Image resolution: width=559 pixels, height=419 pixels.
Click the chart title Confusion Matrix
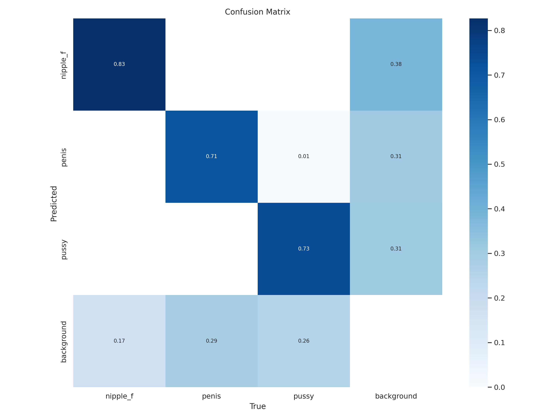click(x=258, y=12)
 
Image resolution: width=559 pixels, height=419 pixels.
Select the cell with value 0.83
click(x=119, y=64)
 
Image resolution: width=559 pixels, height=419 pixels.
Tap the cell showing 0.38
click(x=396, y=64)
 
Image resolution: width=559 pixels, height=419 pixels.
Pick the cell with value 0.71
click(x=211, y=156)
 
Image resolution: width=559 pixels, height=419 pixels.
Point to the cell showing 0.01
click(x=304, y=156)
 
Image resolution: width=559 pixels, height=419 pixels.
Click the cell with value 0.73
click(x=304, y=249)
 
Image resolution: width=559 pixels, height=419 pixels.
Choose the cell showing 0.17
click(x=119, y=341)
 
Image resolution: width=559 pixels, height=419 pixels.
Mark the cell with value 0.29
click(x=211, y=341)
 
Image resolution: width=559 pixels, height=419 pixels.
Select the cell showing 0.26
click(x=304, y=341)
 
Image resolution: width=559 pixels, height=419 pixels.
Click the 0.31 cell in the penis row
click(x=396, y=156)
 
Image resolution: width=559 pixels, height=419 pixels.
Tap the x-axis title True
click(x=258, y=406)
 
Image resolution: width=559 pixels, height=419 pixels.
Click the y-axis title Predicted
click(x=54, y=204)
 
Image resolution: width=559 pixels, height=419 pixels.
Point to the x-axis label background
click(x=396, y=396)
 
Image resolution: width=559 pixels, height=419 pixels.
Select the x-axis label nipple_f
click(x=119, y=396)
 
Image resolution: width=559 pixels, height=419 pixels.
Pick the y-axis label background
click(x=64, y=342)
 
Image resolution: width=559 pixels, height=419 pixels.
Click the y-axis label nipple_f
click(x=64, y=65)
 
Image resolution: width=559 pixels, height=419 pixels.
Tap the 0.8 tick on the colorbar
click(x=499, y=31)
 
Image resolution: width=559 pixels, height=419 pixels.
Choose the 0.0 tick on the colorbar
click(x=499, y=387)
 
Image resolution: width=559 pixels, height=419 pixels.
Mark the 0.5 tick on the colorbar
click(x=499, y=164)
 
